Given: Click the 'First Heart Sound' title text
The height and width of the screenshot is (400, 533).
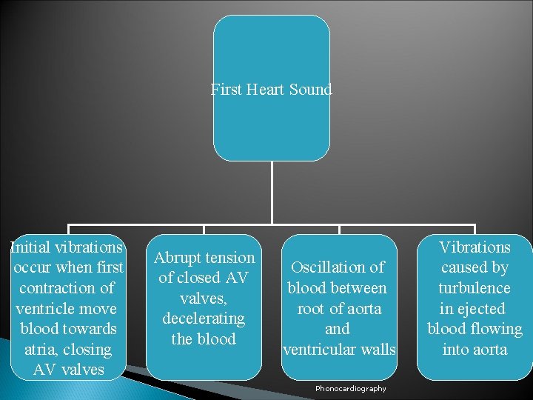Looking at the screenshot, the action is point(271,90).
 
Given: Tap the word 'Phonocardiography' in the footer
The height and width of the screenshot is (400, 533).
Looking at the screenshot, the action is point(350,389).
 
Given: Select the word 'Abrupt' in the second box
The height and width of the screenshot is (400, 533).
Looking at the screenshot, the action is point(178,258).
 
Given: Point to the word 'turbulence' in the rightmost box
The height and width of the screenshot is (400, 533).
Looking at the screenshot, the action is point(475,288).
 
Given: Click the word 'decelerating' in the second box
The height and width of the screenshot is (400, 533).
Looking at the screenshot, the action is point(204,319).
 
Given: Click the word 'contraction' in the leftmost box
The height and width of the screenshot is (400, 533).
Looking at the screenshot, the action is point(58,288).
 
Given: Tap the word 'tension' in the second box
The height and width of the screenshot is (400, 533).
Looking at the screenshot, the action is point(230,258).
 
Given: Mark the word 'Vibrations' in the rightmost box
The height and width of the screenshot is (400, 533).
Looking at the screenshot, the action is point(475,247).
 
